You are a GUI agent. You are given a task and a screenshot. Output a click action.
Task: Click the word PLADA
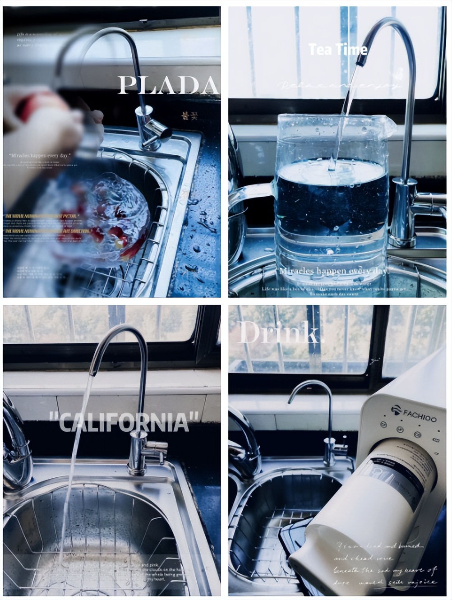tap(167, 85)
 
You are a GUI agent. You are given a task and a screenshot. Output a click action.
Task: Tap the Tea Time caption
tap(338, 49)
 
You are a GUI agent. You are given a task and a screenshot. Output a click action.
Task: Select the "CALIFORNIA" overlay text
tap(124, 422)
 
